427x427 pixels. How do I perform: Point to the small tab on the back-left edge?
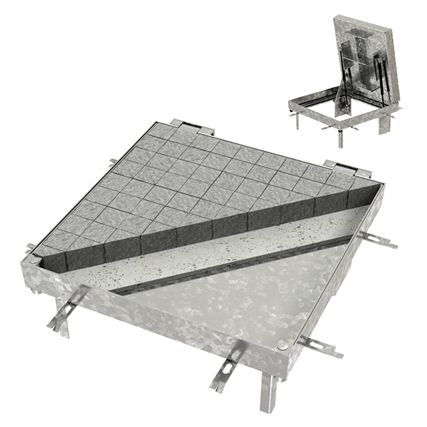click(113, 162)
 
